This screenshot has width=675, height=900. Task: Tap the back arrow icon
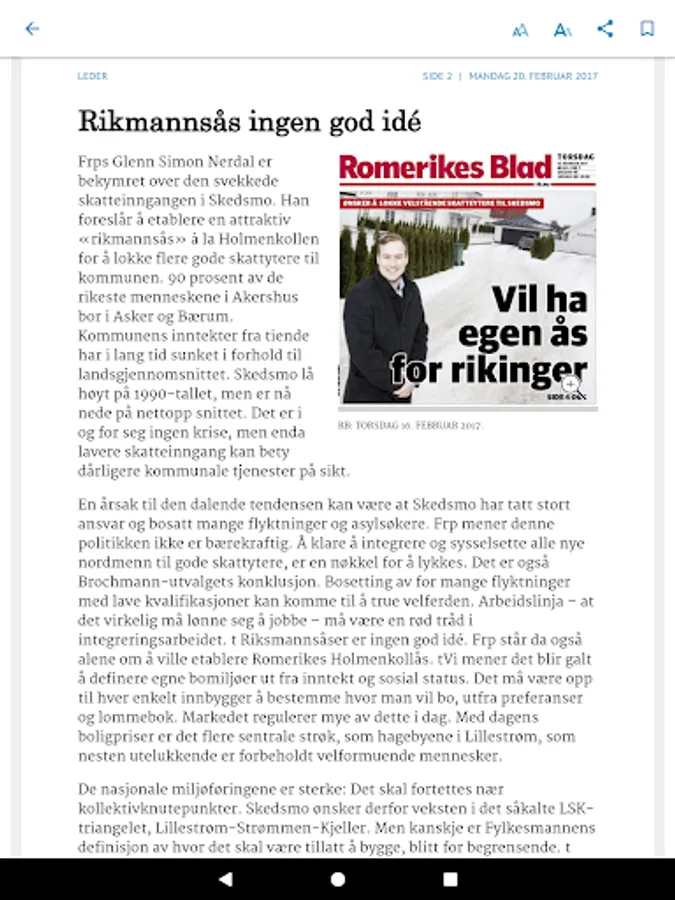[x=32, y=29]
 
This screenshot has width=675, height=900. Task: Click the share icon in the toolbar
[x=605, y=29]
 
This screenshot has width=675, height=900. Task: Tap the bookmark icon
[x=647, y=29]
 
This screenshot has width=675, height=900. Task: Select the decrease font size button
[x=520, y=30]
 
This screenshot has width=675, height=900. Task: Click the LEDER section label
[x=92, y=76]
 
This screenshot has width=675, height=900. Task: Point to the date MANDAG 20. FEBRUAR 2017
[x=533, y=76]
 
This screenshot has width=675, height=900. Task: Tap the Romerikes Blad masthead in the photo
[x=445, y=168]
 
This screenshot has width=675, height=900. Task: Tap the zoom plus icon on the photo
[x=570, y=384]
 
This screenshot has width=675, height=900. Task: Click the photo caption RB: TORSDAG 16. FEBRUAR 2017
[x=410, y=425]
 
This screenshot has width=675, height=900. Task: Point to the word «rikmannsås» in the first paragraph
[x=126, y=239]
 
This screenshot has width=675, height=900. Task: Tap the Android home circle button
[x=338, y=879]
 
